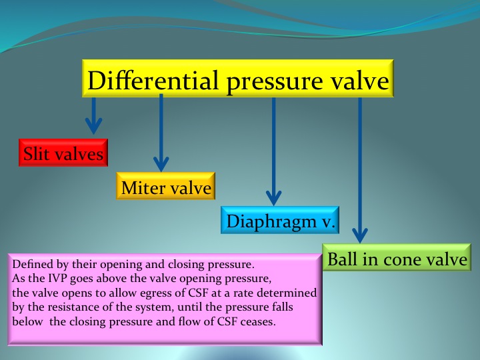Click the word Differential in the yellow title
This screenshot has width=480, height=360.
(153, 80)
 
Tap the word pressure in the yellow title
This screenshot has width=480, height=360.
(275, 83)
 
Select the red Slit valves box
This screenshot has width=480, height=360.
(63, 153)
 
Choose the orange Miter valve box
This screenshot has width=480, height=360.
(165, 186)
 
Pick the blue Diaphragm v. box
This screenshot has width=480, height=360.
(280, 220)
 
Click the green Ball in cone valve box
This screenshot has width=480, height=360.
(397, 257)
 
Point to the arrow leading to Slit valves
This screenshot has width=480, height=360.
(94, 116)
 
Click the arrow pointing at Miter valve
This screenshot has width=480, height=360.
(161, 133)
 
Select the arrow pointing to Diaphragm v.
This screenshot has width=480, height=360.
(274, 151)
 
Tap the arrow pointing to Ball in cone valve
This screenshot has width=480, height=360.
(360, 170)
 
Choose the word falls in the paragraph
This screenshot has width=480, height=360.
(282, 307)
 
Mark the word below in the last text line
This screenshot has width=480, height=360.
(27, 321)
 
